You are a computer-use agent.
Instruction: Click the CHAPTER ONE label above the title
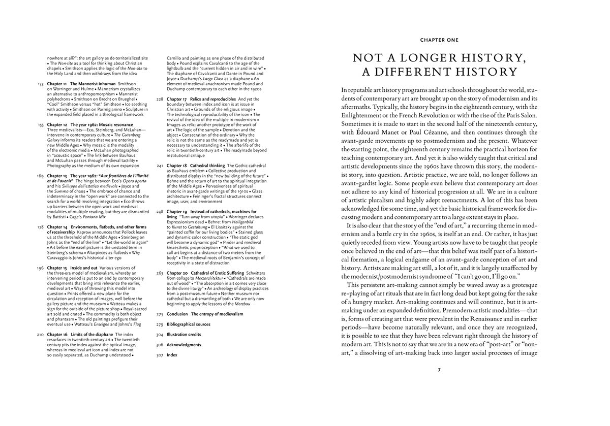(439, 40)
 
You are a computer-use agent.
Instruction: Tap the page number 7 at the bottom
(439, 369)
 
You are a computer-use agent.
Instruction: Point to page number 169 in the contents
(41, 175)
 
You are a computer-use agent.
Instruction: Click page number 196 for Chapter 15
(41, 268)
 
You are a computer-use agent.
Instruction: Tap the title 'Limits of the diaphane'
(92, 335)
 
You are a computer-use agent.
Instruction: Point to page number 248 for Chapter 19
(160, 211)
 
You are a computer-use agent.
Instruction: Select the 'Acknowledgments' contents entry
(184, 345)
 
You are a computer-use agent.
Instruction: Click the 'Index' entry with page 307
(172, 355)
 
